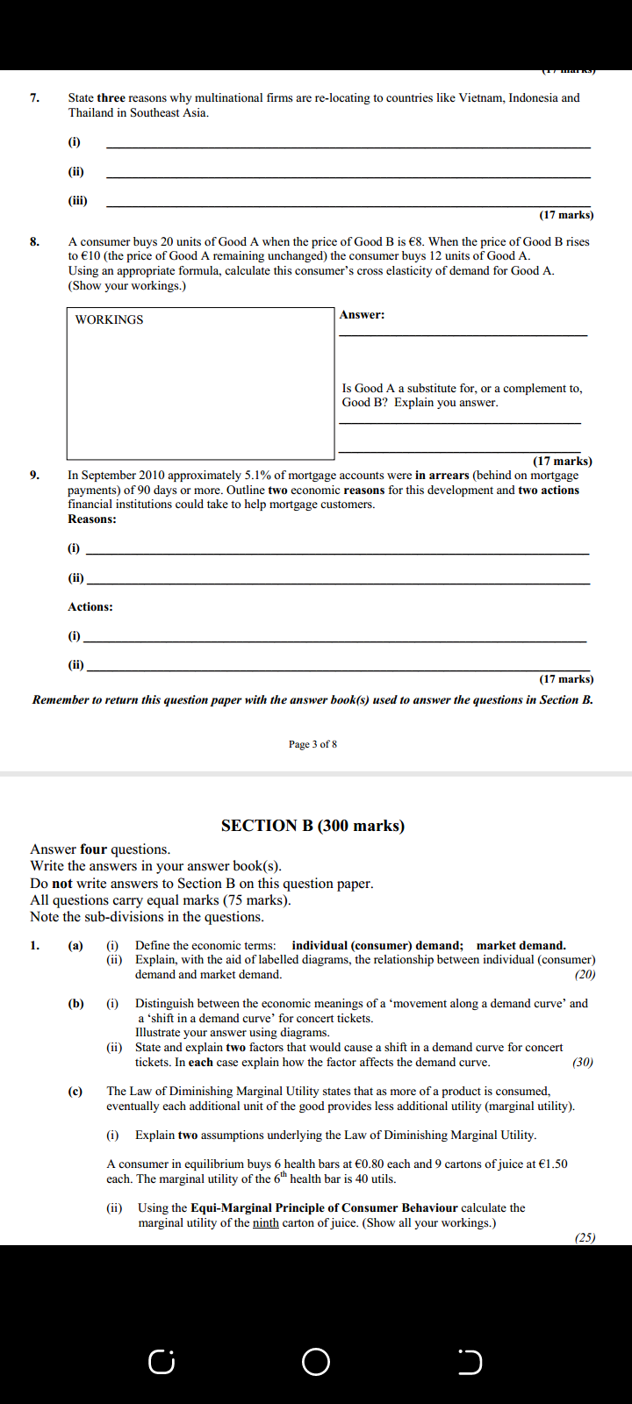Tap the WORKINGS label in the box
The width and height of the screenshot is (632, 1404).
pyautogui.click(x=109, y=319)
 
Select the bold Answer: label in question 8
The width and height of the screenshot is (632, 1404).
pyautogui.click(x=362, y=314)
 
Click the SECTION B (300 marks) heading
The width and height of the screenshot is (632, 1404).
pyautogui.click(x=312, y=825)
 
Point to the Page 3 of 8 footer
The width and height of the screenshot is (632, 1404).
pyautogui.click(x=312, y=744)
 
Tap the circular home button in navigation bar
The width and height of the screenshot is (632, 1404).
pyautogui.click(x=316, y=1362)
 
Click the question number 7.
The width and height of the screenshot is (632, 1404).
pyautogui.click(x=34, y=97)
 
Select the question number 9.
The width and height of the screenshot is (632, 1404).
pyautogui.click(x=34, y=475)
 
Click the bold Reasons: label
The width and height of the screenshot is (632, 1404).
pyautogui.click(x=92, y=519)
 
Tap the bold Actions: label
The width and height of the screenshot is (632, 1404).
pyautogui.click(x=90, y=606)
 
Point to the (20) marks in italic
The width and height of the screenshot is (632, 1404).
pyautogui.click(x=585, y=974)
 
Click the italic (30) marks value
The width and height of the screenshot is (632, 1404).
pyautogui.click(x=582, y=1062)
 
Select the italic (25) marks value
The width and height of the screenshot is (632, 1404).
pyautogui.click(x=585, y=1237)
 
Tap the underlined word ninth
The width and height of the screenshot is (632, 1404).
pyautogui.click(x=265, y=1222)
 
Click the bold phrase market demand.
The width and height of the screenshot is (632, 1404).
pyautogui.click(x=521, y=945)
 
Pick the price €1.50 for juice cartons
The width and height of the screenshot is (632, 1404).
pyautogui.click(x=549, y=1164)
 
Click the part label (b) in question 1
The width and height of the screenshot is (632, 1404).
pyautogui.click(x=76, y=1003)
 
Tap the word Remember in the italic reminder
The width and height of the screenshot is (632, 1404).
pyautogui.click(x=61, y=699)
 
